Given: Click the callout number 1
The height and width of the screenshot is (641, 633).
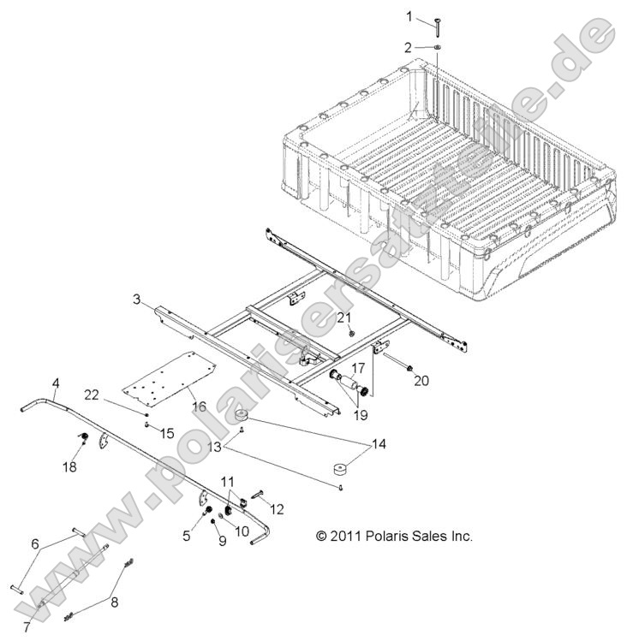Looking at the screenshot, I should tap(409, 15).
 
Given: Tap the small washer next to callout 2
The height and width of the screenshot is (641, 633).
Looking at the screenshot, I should tap(437, 47).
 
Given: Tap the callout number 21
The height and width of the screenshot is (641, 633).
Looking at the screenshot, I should tap(344, 318).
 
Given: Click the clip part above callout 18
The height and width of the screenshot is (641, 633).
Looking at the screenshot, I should tap(85, 439).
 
